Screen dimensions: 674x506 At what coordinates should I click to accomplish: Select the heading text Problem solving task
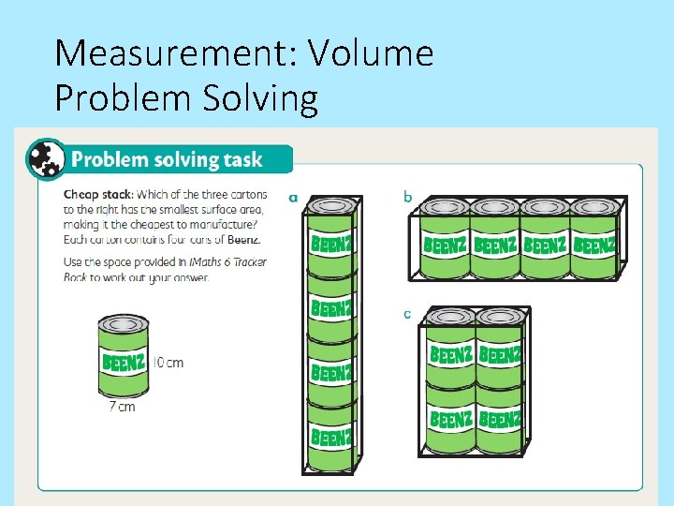pyautogui.click(x=168, y=159)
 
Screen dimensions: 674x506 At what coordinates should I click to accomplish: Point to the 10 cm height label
pyautogui.click(x=168, y=363)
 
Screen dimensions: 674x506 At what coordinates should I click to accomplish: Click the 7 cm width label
pyautogui.click(x=122, y=407)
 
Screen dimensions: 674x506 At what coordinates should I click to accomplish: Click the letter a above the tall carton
pyautogui.click(x=294, y=198)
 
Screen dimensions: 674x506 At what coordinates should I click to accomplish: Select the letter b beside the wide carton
pyautogui.click(x=407, y=197)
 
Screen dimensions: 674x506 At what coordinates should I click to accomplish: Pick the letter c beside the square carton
pyautogui.click(x=407, y=314)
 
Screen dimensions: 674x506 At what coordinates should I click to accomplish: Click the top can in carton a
pyautogui.click(x=331, y=239)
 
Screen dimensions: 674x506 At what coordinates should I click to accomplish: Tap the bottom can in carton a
pyautogui.click(x=331, y=436)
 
